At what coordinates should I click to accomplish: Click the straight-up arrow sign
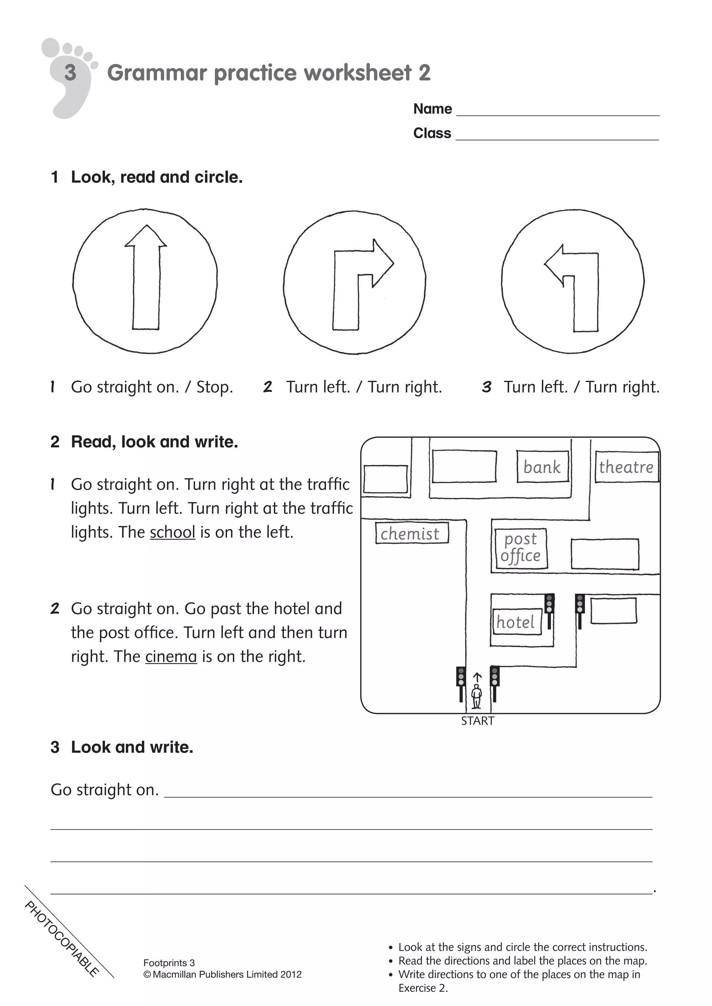tap(145, 281)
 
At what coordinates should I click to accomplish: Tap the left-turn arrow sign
tap(573, 282)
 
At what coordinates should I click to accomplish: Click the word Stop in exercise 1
tap(215, 387)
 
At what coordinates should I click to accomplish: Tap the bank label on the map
tap(542, 467)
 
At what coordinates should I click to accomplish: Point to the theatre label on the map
tap(626, 467)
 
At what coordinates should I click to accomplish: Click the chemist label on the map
tap(410, 534)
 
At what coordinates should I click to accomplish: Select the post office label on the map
tap(520, 548)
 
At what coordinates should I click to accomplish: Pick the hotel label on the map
tap(516, 622)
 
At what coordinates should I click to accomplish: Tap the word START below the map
tap(477, 721)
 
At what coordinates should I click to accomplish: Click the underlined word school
tap(172, 533)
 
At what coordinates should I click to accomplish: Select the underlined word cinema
tap(171, 656)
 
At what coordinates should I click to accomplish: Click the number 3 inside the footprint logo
tap(70, 73)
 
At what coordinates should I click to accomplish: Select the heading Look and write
tap(131, 748)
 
